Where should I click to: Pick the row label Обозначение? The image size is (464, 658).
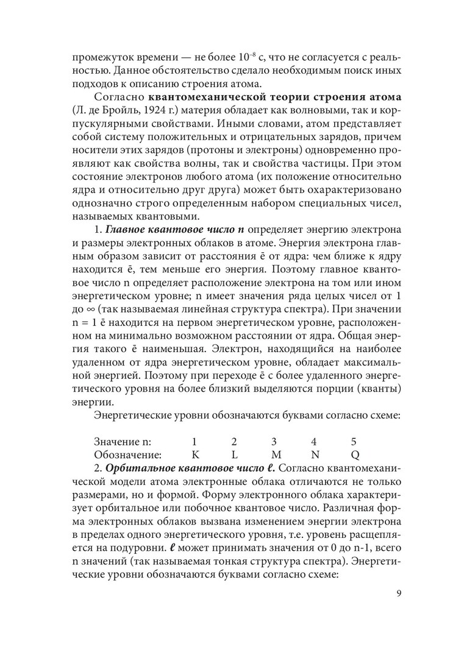128,455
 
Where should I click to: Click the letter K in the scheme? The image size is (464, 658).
195,455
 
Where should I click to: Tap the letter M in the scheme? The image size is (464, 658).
276,455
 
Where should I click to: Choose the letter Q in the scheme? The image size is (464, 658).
355,455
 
